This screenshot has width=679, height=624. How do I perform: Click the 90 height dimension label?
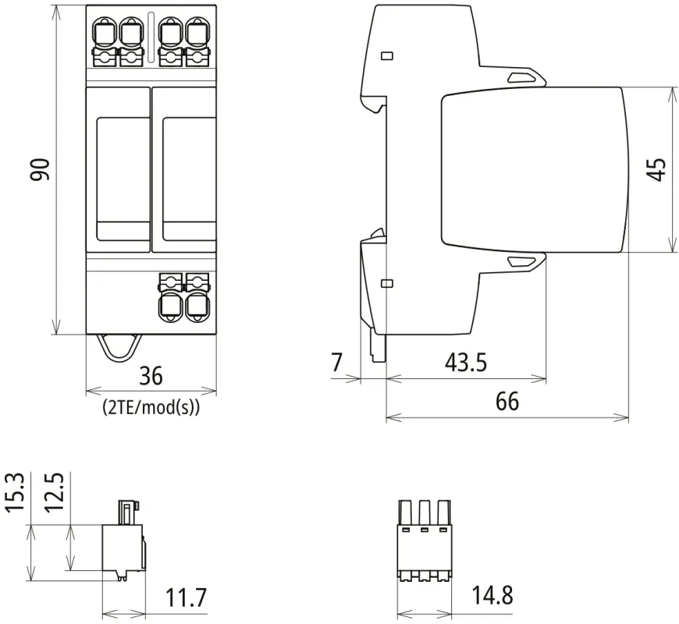[x=41, y=169]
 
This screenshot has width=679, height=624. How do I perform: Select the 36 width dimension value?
[x=151, y=376]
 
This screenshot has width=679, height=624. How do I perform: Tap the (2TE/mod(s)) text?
[x=151, y=407]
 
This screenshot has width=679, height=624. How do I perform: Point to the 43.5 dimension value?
[x=466, y=362]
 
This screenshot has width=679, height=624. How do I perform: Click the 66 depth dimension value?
[x=507, y=401]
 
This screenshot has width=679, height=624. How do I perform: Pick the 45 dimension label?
[x=656, y=169]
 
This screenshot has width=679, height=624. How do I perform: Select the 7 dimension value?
[x=337, y=362]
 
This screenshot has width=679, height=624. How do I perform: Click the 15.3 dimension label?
[x=16, y=492]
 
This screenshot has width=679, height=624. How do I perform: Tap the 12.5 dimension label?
[x=55, y=492]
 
